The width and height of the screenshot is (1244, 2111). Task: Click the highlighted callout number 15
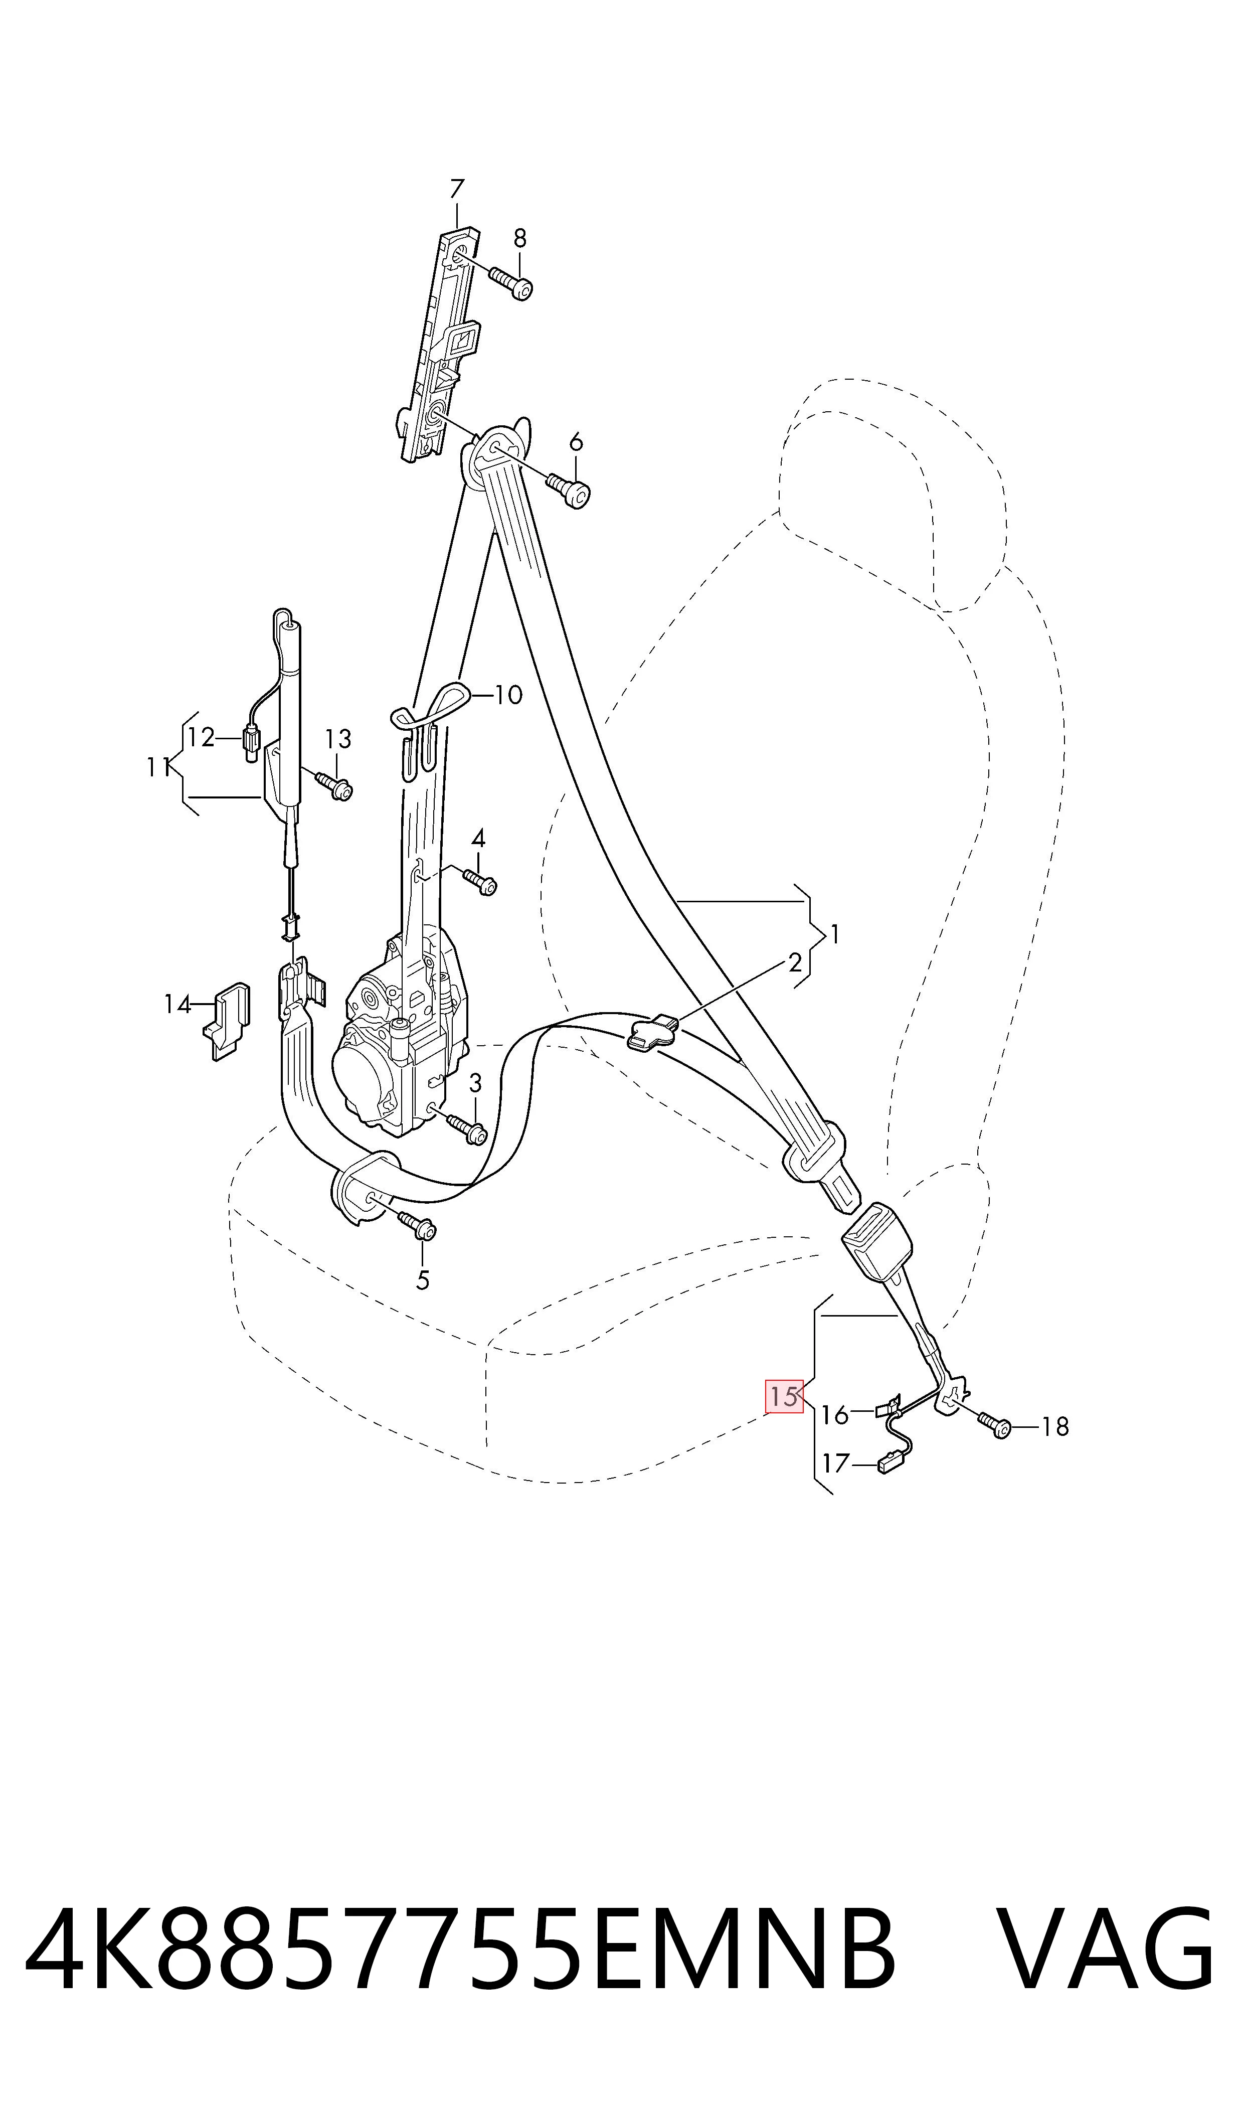click(x=784, y=1396)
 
